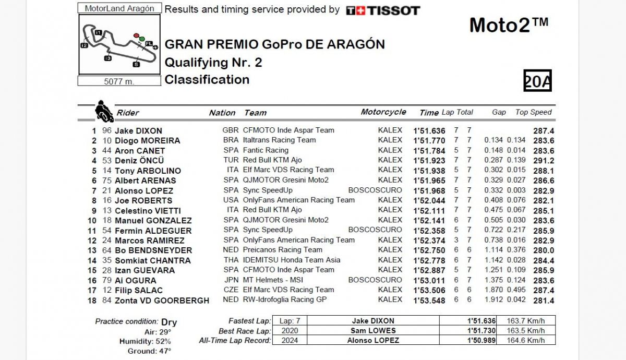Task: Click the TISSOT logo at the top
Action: coord(383,10)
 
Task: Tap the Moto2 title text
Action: coord(509,25)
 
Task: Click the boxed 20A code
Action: coord(537,81)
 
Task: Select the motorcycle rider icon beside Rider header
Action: coord(104,111)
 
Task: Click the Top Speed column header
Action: coord(533,112)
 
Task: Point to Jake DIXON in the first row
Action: coord(138,130)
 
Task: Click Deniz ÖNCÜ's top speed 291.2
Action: coord(543,160)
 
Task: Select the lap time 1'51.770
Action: coord(429,140)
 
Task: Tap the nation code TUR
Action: coord(230,160)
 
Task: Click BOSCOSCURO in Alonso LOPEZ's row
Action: coord(375,190)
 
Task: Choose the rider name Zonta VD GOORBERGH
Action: coord(162,300)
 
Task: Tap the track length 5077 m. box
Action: coord(119,81)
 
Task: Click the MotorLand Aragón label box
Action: coord(119,8)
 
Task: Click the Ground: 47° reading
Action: coord(149,351)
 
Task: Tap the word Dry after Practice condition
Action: coord(169,322)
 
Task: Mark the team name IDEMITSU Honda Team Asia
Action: coord(292,260)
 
